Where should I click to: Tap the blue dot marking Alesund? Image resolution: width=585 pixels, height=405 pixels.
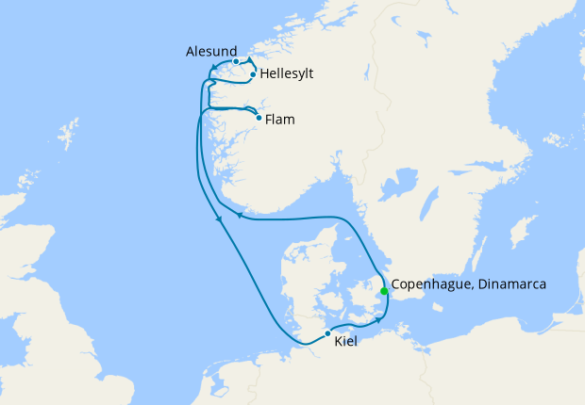click(236, 61)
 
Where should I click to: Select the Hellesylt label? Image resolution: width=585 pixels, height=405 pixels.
click(287, 73)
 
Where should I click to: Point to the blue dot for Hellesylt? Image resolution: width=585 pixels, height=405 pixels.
click(254, 73)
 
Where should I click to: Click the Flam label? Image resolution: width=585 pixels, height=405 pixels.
click(280, 120)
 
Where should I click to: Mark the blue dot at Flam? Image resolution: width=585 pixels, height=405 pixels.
click(259, 118)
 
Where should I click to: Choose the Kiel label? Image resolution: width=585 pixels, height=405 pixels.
click(346, 340)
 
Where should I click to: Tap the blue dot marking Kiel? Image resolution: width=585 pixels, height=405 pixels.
click(327, 333)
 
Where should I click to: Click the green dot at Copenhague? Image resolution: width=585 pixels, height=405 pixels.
click(384, 291)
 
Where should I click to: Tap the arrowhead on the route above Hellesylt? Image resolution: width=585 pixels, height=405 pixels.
click(250, 59)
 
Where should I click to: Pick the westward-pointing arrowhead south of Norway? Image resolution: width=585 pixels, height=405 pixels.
click(239, 216)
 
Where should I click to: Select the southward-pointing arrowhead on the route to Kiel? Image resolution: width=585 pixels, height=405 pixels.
click(220, 220)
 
